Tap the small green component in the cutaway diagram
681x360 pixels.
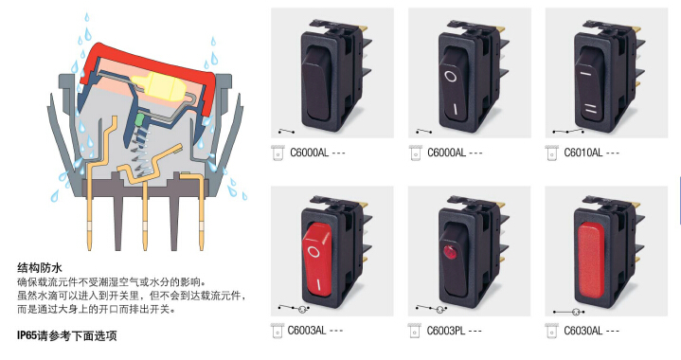pyautogui.click(x=140, y=119)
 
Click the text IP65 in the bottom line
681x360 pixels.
pyautogui.click(x=27, y=335)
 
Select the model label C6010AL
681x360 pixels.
pyautogui.click(x=583, y=153)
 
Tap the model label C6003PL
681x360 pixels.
pyautogui.click(x=446, y=331)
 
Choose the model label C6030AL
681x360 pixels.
pyautogui.click(x=582, y=331)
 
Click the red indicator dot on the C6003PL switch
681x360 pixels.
pyautogui.click(x=448, y=251)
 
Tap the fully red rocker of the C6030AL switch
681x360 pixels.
pyautogui.click(x=590, y=261)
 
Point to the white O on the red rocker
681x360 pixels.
pyautogui.click(x=314, y=251)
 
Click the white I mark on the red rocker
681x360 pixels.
pyautogui.click(x=319, y=284)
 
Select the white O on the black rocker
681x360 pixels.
pyautogui.click(x=451, y=77)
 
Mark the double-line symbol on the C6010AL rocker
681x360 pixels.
pyautogui.click(x=590, y=109)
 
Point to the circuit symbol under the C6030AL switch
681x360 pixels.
pyautogui.click(x=568, y=312)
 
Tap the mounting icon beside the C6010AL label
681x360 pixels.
pyautogui.click(x=551, y=153)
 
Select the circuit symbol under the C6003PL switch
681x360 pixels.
pyautogui.click(x=431, y=309)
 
